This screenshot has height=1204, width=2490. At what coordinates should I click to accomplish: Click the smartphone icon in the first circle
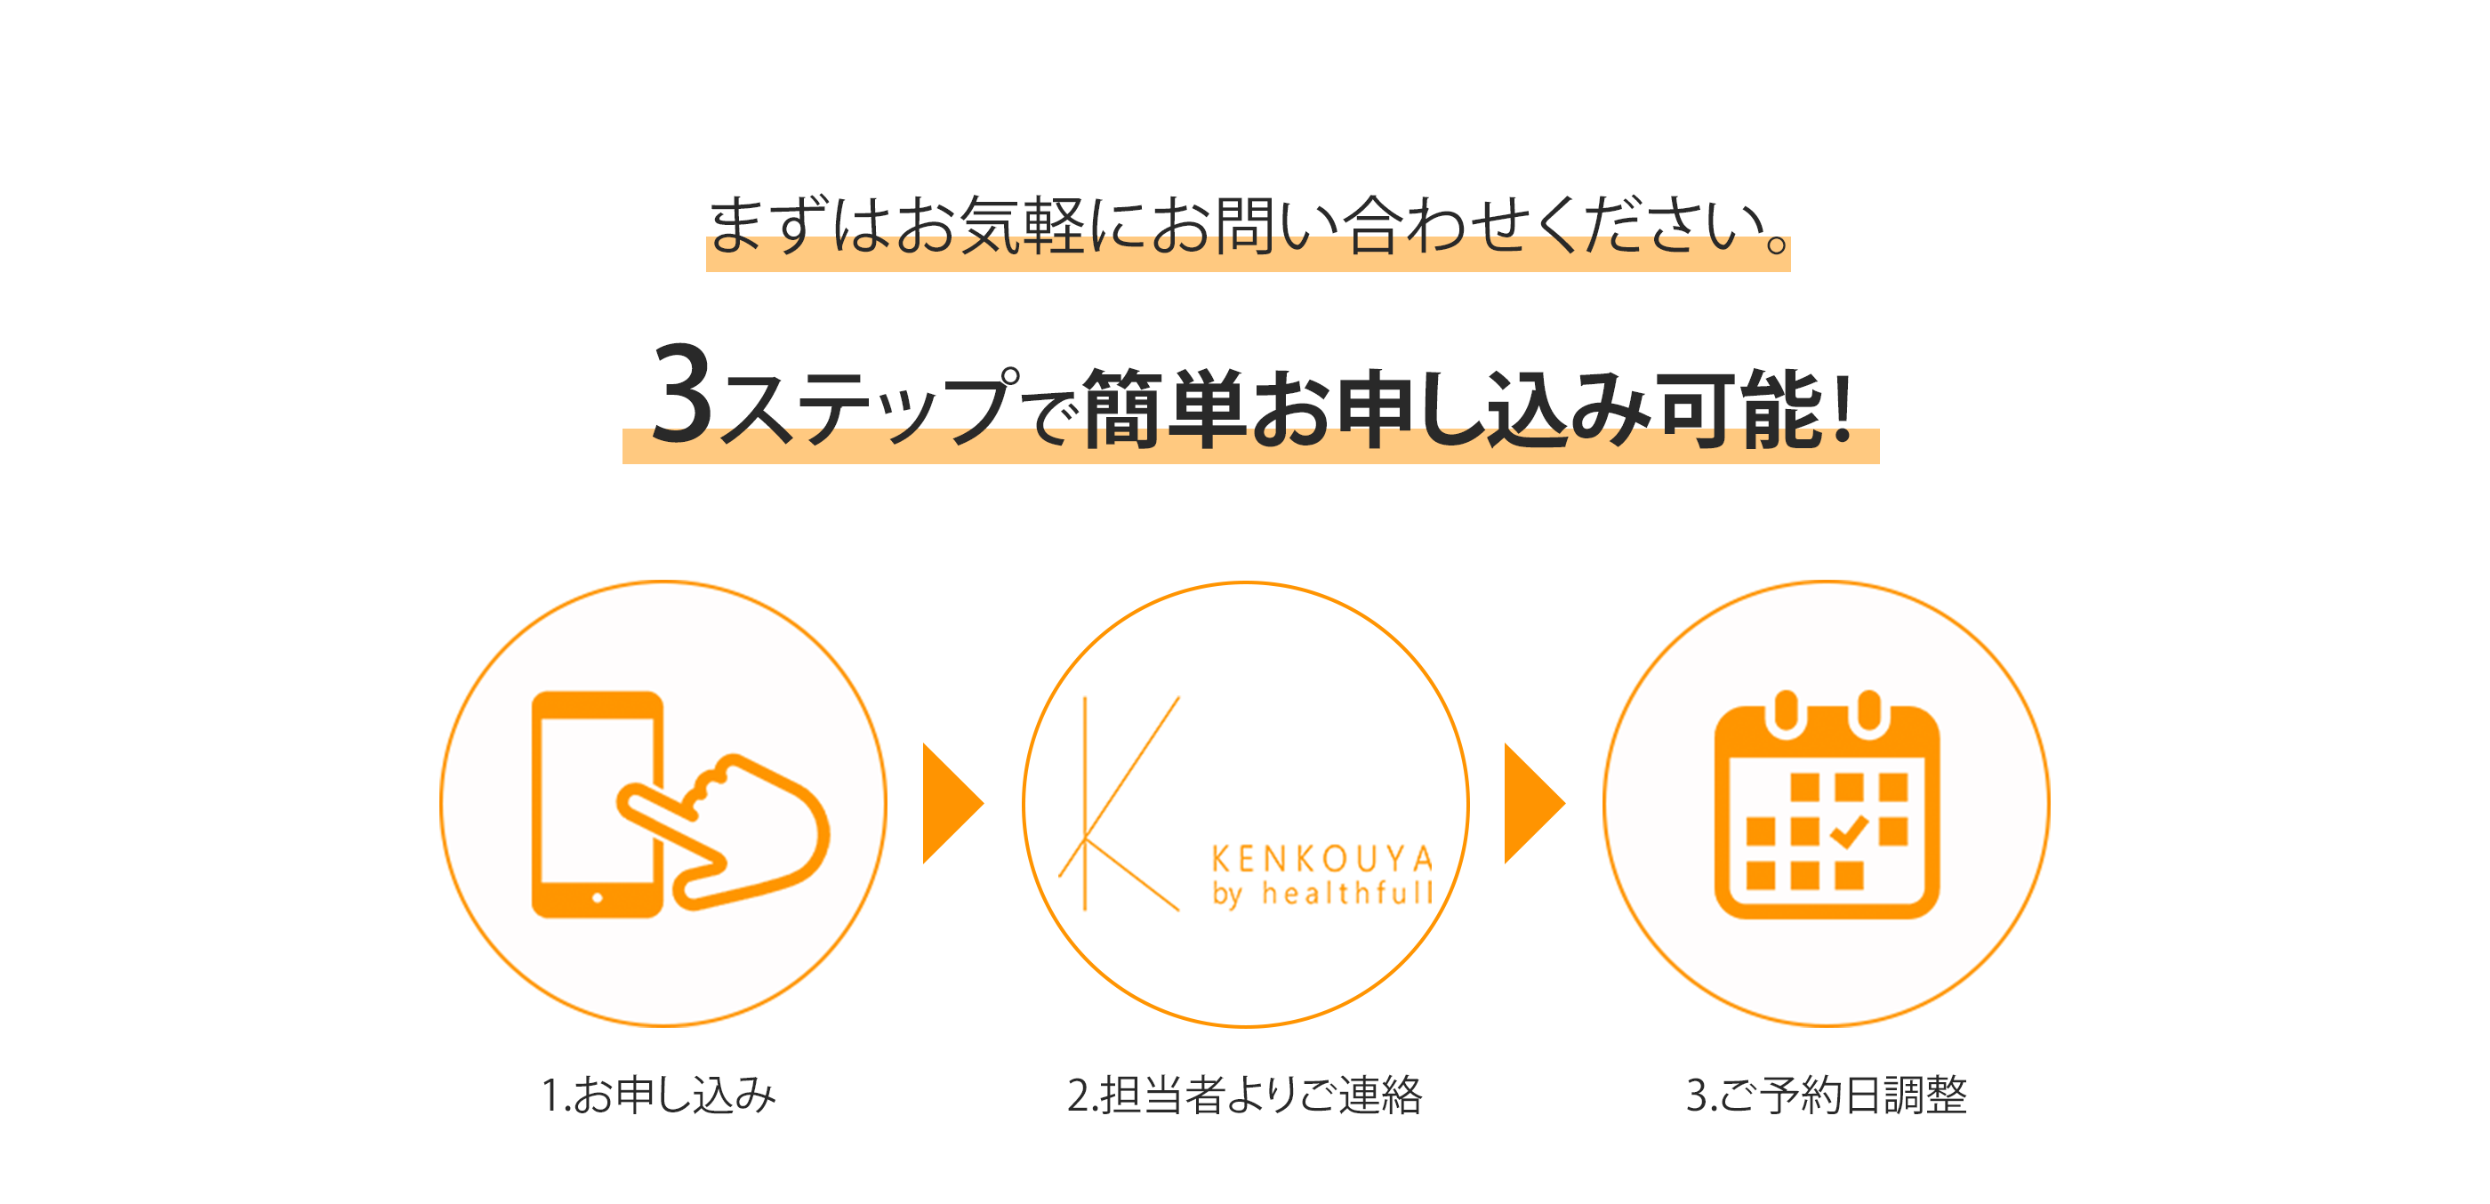pos(598,804)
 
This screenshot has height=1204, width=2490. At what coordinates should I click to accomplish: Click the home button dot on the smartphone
pos(598,898)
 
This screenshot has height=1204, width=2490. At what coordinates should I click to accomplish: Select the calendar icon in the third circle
pos(1826,804)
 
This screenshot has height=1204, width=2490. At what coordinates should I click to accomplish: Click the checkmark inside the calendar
pos(1848,831)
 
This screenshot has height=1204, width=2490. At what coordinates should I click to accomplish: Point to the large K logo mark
pos(1119,804)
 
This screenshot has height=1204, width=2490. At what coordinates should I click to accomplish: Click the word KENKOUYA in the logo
pos(1322,859)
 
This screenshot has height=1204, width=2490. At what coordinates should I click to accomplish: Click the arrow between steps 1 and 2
pos(953,803)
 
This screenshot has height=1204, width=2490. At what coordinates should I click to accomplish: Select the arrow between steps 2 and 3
pos(1534,803)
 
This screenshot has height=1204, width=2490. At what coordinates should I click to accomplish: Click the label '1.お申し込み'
pos(658,1095)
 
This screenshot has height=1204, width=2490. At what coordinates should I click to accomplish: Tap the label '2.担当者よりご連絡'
pos(1245,1095)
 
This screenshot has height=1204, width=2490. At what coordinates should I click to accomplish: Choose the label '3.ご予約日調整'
pos(1826,1095)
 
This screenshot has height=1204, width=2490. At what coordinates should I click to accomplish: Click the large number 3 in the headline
pos(682,393)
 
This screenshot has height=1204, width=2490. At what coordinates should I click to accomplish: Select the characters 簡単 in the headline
pos(1164,408)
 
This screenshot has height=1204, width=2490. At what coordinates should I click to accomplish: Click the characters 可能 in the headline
pos(1738,408)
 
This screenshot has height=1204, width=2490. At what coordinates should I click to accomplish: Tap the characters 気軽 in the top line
pos(1024,225)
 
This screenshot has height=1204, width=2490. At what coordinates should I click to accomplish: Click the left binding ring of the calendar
pos(1786,713)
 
